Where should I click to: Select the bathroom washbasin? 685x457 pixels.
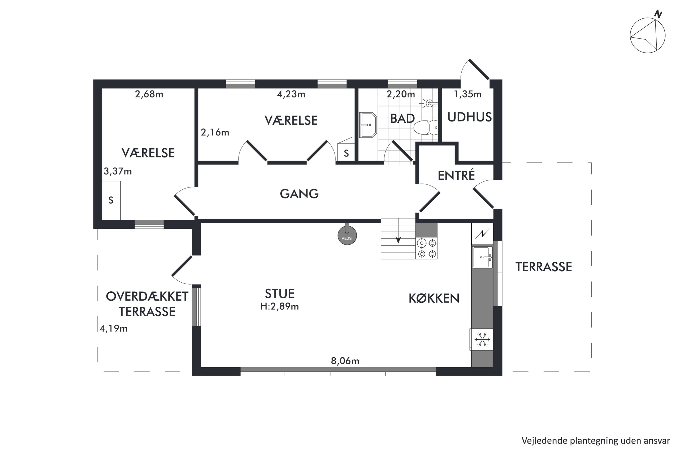[x=368, y=125]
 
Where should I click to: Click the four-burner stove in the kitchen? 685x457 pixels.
[x=427, y=248]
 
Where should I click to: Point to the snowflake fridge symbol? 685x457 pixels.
[x=482, y=340]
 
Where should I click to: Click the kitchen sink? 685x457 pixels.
[x=482, y=257]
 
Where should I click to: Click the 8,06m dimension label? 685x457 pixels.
[x=345, y=361]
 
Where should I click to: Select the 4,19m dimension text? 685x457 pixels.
[x=114, y=329]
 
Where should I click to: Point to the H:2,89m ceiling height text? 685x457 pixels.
[x=280, y=307]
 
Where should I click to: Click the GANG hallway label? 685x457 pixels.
[x=299, y=194]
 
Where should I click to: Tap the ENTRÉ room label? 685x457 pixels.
[x=456, y=175]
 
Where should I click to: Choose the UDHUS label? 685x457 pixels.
[x=469, y=117]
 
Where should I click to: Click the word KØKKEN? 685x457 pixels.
[x=434, y=299]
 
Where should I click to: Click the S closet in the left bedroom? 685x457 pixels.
[x=111, y=200]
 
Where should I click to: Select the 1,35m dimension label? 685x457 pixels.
[x=468, y=94]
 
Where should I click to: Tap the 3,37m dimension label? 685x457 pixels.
[x=118, y=171]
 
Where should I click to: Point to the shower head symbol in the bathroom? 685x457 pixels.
[x=429, y=103]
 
